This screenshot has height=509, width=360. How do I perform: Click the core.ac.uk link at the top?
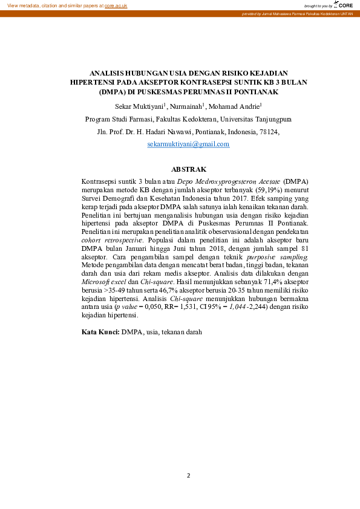coord(116,5)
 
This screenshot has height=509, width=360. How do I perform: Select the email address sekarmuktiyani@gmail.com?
coord(188,144)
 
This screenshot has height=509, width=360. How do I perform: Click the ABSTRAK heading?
coord(189,169)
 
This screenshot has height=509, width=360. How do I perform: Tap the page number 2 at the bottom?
coord(188,476)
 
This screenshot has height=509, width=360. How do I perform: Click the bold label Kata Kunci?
coord(100,332)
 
